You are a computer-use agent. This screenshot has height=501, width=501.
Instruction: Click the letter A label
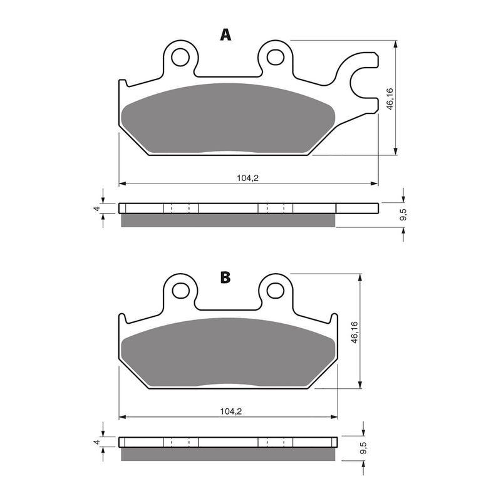[225, 34]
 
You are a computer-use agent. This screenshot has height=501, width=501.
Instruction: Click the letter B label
[225, 277]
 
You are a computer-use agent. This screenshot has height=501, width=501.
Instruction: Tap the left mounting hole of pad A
[182, 56]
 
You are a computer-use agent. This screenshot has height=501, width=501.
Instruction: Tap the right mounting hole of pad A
[275, 56]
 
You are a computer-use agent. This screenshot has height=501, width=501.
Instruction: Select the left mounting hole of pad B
[182, 290]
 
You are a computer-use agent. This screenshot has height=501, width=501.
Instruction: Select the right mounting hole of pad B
[275, 290]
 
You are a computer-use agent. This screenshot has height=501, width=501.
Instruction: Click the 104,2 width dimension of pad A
[247, 178]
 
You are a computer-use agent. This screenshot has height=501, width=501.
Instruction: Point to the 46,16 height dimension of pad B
[354, 333]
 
